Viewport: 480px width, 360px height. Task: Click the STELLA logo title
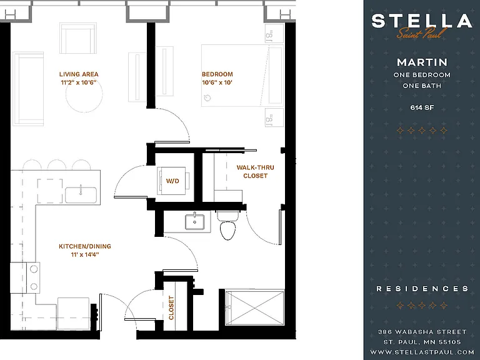pos(422,21)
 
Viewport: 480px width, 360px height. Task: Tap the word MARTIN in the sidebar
pos(422,62)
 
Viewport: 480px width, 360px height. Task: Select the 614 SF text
pos(422,107)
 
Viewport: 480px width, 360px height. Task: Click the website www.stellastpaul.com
pos(422,352)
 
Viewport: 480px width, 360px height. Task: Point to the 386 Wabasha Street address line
pos(422,332)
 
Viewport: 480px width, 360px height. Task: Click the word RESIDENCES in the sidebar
pos(422,289)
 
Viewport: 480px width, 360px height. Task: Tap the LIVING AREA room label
pos(79,74)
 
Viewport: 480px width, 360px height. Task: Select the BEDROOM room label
pos(217,74)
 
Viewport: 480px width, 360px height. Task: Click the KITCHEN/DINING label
pos(85,246)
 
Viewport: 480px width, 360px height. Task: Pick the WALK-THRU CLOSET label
pos(255,171)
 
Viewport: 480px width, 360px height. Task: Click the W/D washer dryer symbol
pos(173,181)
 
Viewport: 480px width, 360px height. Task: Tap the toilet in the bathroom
pos(227,225)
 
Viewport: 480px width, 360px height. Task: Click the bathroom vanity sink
pos(194,222)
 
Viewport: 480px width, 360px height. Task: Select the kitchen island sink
pos(81,195)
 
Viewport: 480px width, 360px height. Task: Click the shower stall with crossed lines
pos(255,308)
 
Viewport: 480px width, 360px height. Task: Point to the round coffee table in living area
pos(84,94)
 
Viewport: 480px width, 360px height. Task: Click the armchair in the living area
pos(78,38)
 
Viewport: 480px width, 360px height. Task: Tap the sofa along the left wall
pos(28,89)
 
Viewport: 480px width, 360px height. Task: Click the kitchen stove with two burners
pos(25,277)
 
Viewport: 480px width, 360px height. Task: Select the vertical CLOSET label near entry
pos(171,307)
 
